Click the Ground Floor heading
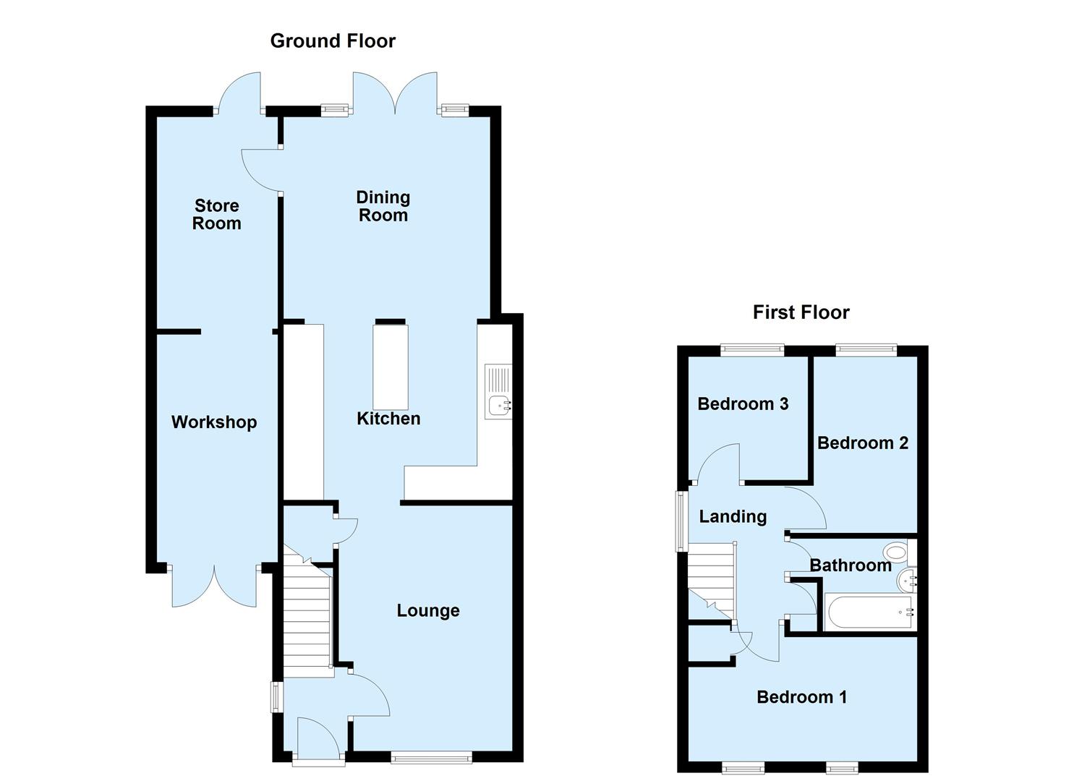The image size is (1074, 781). point(333,40)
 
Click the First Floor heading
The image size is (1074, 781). point(801,312)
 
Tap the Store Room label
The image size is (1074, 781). point(216,215)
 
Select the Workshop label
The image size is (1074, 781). point(214,422)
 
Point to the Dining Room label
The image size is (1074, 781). point(383,206)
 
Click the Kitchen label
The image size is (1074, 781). point(388,419)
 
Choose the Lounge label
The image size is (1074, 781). point(428,611)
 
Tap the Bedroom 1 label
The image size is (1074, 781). point(801,697)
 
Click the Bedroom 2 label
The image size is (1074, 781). point(862,443)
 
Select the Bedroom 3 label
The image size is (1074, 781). point(743,404)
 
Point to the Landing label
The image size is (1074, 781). point(733,516)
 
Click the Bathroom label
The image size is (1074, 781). point(850,566)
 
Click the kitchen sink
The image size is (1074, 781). point(498,405)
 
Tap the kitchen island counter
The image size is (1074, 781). point(390,367)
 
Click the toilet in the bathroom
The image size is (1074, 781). point(895,553)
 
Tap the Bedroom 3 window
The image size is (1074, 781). point(752,351)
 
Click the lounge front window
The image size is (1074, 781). point(431,758)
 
